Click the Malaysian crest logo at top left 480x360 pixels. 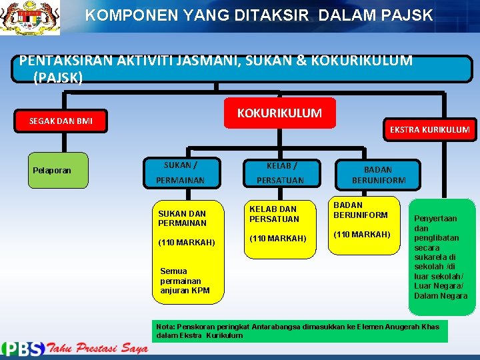[x=30, y=17]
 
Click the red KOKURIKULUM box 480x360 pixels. [x=279, y=113]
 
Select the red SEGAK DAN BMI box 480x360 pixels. [x=61, y=121]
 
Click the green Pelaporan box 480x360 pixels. [x=52, y=170]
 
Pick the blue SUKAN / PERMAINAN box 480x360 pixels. [x=180, y=173]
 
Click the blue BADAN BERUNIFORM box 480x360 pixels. [x=378, y=175]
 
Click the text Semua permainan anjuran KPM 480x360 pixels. [x=185, y=281]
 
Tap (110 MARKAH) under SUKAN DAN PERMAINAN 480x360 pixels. [x=186, y=243]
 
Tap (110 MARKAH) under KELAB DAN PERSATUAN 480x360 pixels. [x=278, y=239]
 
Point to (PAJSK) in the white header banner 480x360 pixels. [x=57, y=78]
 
